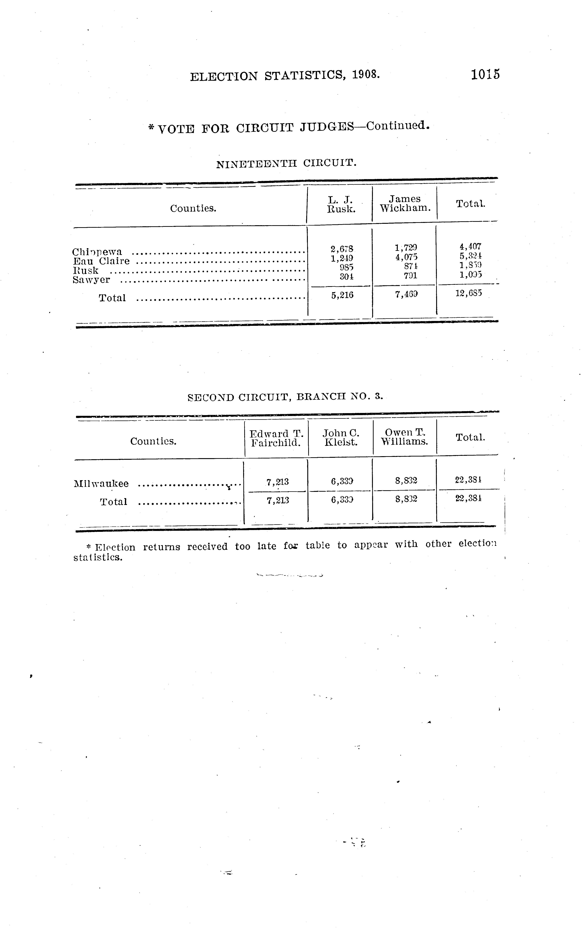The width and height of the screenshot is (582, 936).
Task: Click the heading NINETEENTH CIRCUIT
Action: (286, 164)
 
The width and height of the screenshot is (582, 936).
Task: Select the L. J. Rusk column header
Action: (341, 204)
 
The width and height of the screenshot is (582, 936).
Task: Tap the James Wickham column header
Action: (405, 203)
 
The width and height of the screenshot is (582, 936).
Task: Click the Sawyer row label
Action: (91, 280)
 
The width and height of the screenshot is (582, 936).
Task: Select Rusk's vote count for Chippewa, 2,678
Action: (342, 249)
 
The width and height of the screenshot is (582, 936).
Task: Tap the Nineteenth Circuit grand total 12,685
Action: (468, 294)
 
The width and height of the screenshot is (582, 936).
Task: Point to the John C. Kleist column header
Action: (341, 438)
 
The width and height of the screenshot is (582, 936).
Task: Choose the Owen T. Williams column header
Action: (405, 437)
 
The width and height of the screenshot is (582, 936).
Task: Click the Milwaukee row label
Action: (101, 484)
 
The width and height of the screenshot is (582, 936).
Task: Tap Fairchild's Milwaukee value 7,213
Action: (278, 482)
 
